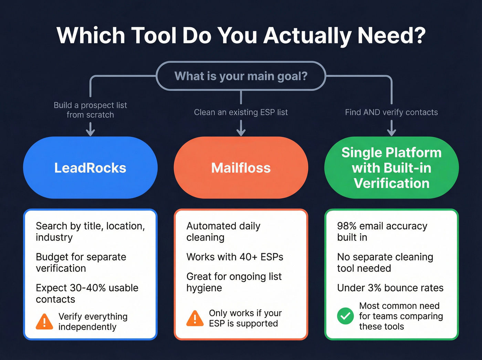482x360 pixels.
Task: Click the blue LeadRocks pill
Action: click(x=90, y=168)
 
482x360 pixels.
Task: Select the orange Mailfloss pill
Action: click(x=241, y=168)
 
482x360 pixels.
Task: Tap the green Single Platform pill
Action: click(x=391, y=168)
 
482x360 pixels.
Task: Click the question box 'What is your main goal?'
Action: click(x=241, y=76)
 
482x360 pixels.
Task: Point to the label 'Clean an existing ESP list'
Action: click(x=241, y=112)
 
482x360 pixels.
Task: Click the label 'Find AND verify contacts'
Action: click(x=391, y=112)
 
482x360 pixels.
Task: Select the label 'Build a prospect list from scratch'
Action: click(x=90, y=110)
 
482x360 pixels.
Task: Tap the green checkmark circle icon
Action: click(x=345, y=316)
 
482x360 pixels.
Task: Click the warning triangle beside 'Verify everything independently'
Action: click(x=44, y=321)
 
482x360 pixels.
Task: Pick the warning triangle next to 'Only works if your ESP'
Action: click(x=195, y=318)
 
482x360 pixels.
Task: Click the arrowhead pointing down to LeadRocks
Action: click(x=90, y=132)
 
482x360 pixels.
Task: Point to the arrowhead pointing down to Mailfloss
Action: click(x=241, y=132)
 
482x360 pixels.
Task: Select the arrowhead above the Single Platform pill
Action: click(x=391, y=132)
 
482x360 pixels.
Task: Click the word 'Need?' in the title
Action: click(x=391, y=35)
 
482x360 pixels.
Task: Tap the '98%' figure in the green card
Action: click(x=347, y=226)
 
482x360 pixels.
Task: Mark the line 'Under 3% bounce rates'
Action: click(x=390, y=288)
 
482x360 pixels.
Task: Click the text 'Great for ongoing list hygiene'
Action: click(x=234, y=282)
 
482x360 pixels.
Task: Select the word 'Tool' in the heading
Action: click(x=154, y=35)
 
